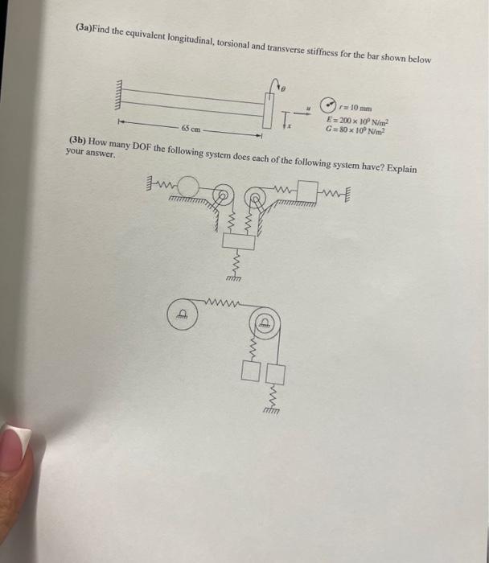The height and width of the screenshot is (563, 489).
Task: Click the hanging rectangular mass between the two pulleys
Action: [x=232, y=241]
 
